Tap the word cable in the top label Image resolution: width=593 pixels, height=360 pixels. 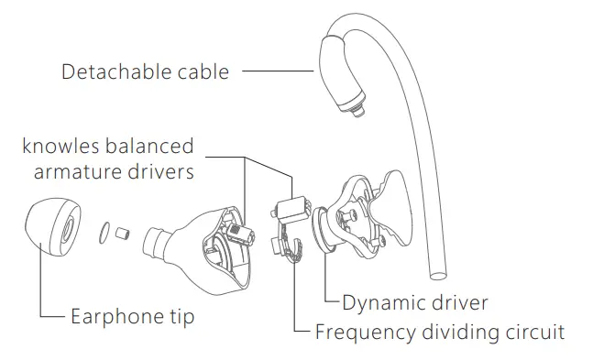[200, 71]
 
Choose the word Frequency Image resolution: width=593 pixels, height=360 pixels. [360, 331]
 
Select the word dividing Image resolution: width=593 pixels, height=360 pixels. [456, 331]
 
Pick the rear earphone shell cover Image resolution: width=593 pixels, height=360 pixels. [376, 215]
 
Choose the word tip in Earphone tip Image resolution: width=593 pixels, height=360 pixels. [177, 318]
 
